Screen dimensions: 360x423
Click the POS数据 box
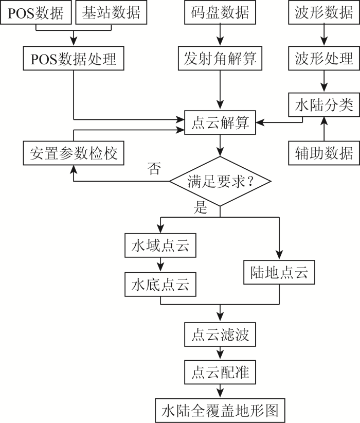pos(36,12)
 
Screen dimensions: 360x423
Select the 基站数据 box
pos(111,12)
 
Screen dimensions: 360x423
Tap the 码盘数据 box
pos(220,12)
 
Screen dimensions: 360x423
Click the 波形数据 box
pos(324,12)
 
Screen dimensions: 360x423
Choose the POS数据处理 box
pos(74,58)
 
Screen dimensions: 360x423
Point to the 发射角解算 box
pos(220,58)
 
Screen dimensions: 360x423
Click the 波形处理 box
pos(324,58)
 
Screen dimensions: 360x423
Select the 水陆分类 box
pos(324,104)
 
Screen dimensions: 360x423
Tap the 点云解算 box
pos(220,122)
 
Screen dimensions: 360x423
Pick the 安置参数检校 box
pos(74,153)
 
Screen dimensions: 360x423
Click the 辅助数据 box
pos(324,153)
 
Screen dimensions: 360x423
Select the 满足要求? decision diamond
pos(220,181)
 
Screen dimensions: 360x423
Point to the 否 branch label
pos(154,168)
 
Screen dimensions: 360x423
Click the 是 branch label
pos(201,207)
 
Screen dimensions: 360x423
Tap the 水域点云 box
pos(160,245)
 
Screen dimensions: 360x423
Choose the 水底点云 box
pos(160,285)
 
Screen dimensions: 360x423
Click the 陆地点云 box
pos(279,272)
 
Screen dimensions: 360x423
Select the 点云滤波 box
pos(220,334)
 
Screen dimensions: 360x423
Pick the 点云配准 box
pos(220,372)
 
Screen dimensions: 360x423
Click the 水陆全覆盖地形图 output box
pos(220,411)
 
